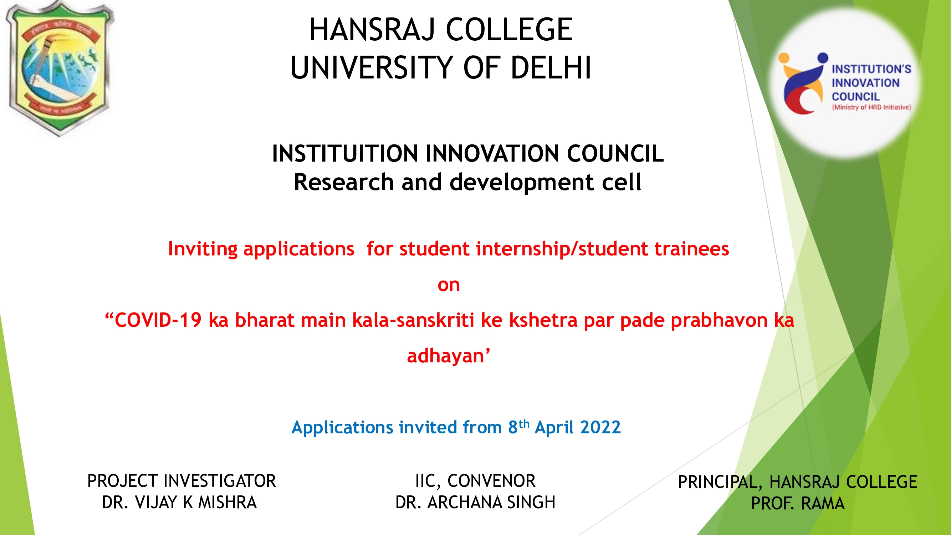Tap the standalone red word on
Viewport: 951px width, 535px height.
pos(449,285)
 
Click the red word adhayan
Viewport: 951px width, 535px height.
pos(446,356)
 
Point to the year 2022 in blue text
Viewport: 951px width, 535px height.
pos(600,427)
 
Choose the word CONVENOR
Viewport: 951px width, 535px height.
pos(491,481)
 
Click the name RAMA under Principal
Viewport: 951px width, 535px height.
pos(823,504)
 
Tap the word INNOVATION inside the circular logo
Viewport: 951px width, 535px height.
pos(865,83)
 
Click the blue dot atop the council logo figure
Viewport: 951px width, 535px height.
pos(823,57)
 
